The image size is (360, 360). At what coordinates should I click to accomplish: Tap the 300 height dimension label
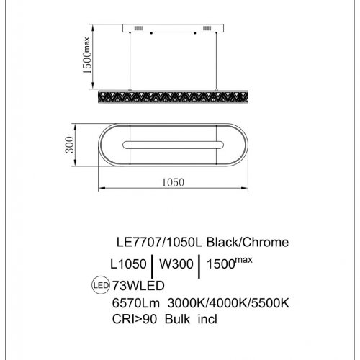tap(68, 146)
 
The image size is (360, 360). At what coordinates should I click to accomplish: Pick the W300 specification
tap(176, 264)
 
